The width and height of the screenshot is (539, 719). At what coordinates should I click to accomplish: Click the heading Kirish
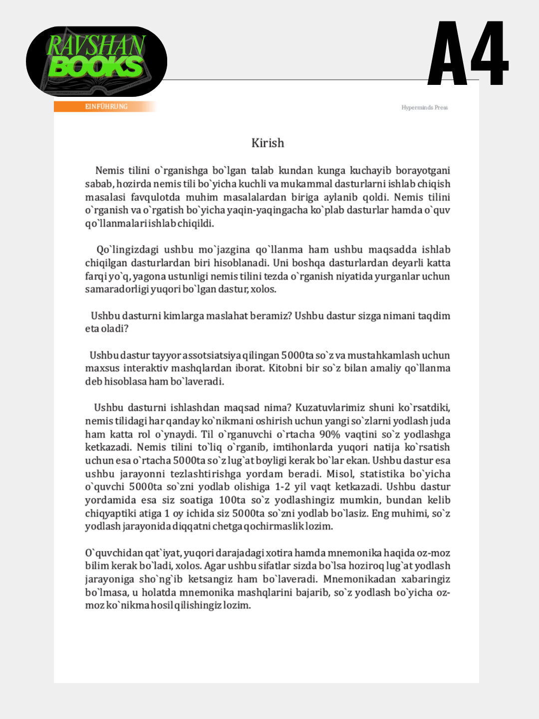click(268, 143)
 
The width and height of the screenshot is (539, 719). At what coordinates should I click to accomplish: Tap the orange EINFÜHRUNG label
click(106, 106)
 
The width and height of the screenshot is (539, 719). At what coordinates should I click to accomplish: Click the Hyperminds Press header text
click(424, 107)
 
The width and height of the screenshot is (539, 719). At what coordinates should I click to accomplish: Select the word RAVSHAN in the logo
click(96, 45)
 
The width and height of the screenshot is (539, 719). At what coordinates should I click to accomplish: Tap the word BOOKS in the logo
click(96, 67)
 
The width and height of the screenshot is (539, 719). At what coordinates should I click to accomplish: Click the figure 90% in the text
click(330, 434)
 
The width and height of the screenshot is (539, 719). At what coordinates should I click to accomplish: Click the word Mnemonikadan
click(360, 579)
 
